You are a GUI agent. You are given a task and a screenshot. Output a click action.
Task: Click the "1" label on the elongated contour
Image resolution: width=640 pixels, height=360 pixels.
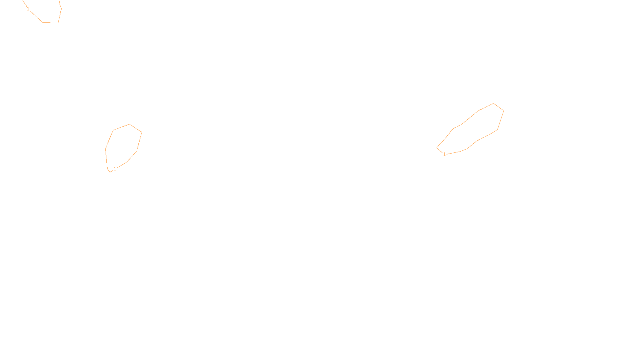click(x=444, y=154)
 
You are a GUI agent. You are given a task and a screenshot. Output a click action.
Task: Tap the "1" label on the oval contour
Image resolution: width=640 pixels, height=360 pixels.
click(x=115, y=169)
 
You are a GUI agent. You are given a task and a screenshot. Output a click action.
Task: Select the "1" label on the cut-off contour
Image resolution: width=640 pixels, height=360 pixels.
click(x=28, y=9)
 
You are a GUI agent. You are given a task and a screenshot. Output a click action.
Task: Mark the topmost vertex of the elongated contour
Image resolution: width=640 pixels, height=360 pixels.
click(x=493, y=103)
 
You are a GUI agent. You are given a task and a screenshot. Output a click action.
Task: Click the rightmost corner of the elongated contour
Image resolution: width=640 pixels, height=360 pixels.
click(x=504, y=110)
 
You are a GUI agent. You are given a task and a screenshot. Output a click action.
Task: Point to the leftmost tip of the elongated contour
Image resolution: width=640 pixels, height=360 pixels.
click(x=437, y=148)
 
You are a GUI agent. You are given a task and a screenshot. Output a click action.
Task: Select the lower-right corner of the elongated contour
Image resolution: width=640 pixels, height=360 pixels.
click(x=497, y=130)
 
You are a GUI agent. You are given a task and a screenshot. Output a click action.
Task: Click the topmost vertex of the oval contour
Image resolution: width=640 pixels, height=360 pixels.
click(x=129, y=124)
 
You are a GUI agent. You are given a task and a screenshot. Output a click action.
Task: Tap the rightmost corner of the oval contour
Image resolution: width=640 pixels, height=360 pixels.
click(x=142, y=132)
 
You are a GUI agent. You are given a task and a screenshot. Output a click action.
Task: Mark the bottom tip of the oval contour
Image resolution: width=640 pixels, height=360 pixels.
click(x=110, y=172)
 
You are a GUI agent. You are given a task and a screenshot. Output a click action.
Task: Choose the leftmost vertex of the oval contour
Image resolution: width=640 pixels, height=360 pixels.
click(x=106, y=149)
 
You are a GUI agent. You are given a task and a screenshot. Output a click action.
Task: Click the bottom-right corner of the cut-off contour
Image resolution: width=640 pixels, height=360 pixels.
click(x=58, y=23)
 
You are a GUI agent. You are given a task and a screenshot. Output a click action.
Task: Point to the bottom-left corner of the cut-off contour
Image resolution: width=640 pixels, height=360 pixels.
click(x=43, y=22)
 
